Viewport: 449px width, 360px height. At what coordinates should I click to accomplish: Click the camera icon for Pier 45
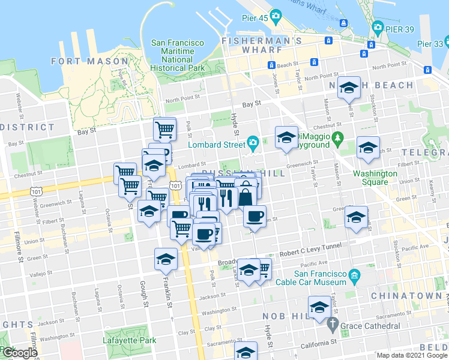276,15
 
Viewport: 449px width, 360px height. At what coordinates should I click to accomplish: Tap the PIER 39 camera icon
378,27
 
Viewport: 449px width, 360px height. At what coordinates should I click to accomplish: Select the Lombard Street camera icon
253,143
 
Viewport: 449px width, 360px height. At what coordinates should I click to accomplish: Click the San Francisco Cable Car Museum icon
355,277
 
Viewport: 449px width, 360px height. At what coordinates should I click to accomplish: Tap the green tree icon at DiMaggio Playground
337,139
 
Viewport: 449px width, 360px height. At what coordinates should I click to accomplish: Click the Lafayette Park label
130,340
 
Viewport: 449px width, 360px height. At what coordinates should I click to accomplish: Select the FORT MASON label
90,61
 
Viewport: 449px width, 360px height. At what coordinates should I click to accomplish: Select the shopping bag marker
246,195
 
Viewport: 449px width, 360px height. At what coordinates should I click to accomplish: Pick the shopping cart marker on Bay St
164,128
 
